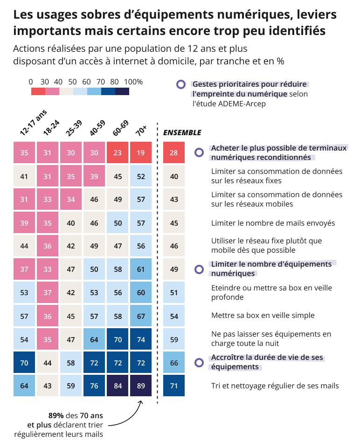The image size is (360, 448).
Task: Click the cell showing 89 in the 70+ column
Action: tap(141, 386)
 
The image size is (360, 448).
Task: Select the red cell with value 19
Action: tap(141, 152)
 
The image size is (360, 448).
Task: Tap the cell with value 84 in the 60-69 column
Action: tap(118, 386)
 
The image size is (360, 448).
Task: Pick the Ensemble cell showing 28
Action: tap(174, 152)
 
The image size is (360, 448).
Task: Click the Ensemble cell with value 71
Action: tap(174, 386)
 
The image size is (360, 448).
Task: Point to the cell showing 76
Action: tap(94, 386)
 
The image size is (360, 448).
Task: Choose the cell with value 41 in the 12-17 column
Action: tap(24, 176)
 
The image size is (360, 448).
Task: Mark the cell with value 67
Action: tap(141, 316)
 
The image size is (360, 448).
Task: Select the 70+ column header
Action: tap(141, 132)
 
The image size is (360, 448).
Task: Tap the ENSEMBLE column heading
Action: tap(182, 133)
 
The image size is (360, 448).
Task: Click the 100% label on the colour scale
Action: tap(133, 82)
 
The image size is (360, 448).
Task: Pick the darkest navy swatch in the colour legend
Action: tap(122, 91)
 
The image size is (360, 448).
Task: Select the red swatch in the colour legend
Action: tap(38, 91)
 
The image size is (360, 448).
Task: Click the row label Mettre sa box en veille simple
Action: tap(263, 316)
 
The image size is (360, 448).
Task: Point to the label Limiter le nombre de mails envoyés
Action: tap(273, 223)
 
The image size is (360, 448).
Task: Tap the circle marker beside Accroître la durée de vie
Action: tap(199, 362)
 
